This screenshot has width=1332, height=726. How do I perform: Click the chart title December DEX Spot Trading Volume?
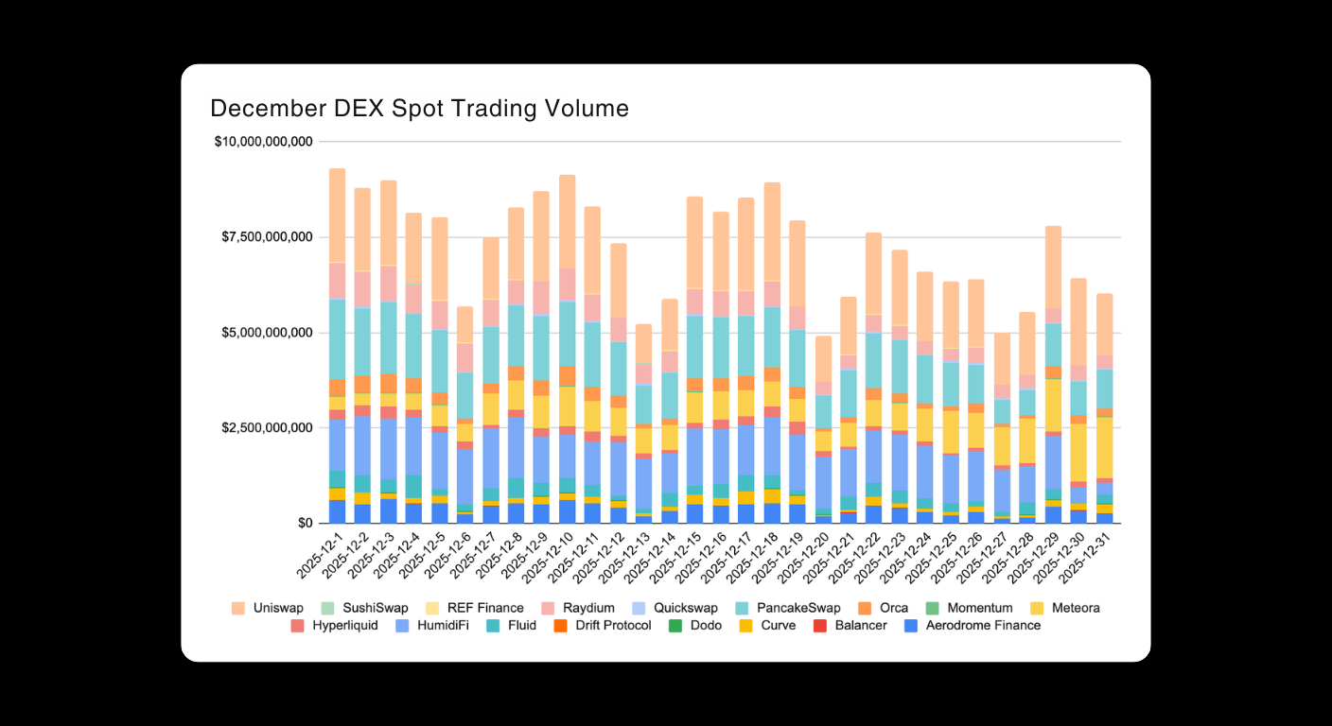pyautogui.click(x=419, y=109)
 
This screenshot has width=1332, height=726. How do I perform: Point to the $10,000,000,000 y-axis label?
pyautogui.click(x=263, y=142)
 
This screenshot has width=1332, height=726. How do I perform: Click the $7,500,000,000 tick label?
pyautogui.click(x=266, y=237)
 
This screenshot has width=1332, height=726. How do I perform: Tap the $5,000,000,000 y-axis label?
pyautogui.click(x=266, y=333)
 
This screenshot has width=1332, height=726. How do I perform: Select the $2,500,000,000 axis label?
pyautogui.click(x=266, y=428)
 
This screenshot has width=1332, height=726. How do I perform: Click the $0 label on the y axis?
pyautogui.click(x=304, y=524)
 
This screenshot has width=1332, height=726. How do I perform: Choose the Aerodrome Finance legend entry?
pyautogui.click(x=983, y=625)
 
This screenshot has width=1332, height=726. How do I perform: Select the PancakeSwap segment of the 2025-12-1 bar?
pyautogui.click(x=337, y=338)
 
